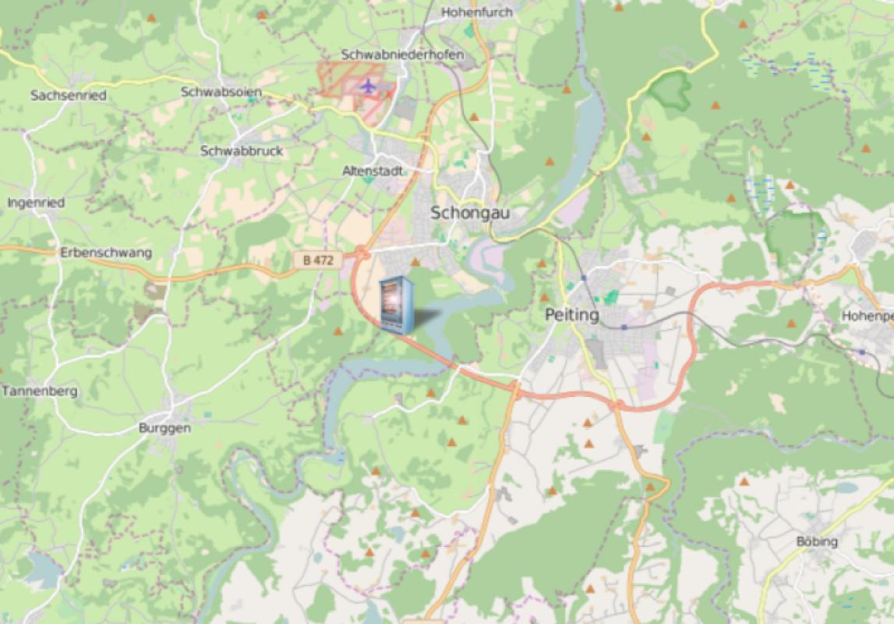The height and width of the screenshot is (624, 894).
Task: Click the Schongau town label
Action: tap(466, 212)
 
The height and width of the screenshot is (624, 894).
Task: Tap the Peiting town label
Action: tap(572, 315)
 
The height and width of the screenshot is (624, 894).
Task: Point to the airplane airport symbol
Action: tap(368, 85)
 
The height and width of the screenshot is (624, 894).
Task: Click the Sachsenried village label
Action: tap(68, 95)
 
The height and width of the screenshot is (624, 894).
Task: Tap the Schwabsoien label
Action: tap(221, 92)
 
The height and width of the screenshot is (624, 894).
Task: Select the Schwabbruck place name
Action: tap(242, 151)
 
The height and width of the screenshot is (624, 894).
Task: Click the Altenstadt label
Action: tap(373, 170)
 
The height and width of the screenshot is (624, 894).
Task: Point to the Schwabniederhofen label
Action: tap(402, 55)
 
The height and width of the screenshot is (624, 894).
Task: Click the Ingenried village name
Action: tap(36, 203)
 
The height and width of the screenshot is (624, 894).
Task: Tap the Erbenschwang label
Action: tap(106, 253)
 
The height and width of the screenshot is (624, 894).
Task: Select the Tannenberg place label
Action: tap(40, 391)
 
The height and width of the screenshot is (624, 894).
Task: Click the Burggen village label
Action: tap(164, 427)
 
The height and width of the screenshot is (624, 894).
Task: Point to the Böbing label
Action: tap(817, 541)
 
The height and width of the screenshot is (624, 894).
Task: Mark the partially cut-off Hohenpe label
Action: tap(867, 316)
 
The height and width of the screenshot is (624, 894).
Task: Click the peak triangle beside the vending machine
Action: tap(415, 263)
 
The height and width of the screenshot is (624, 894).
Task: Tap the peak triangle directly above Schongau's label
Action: tap(473, 117)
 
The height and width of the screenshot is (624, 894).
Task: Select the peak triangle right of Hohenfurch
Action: tap(619, 7)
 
